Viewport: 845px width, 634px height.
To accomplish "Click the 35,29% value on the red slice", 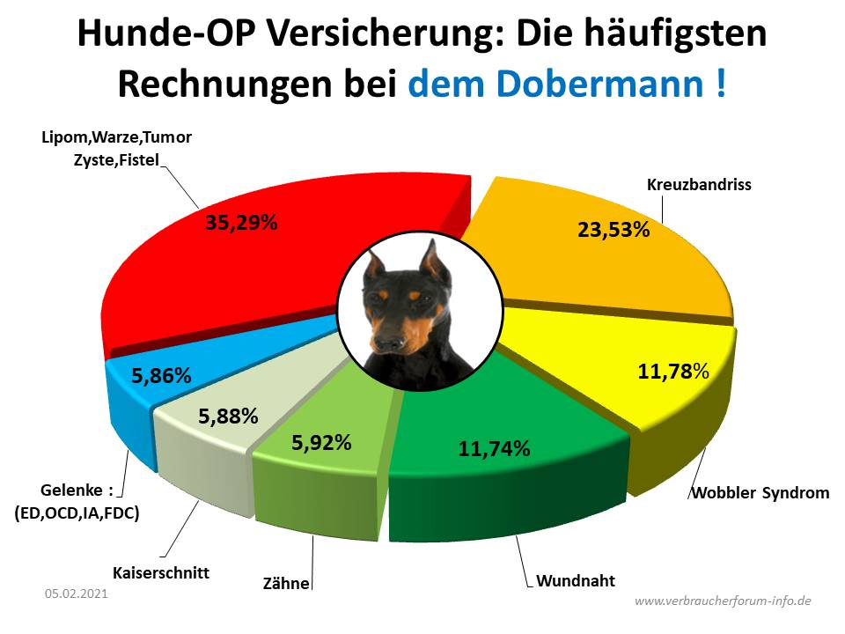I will [x=241, y=222].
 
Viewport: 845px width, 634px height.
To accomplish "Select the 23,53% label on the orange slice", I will [x=614, y=231].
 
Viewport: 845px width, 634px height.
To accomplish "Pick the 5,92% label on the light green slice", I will [x=321, y=442].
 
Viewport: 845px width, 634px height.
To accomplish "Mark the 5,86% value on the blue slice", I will [x=161, y=375].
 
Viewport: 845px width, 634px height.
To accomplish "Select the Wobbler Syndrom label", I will [x=759, y=492].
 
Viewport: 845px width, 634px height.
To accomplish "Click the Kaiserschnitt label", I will [x=160, y=572].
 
